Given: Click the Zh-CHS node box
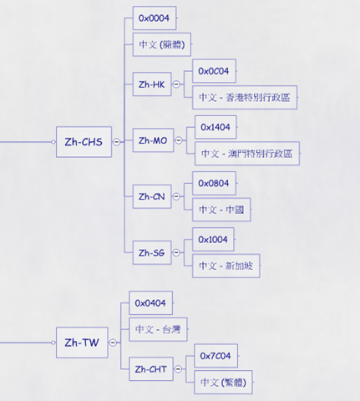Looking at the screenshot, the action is coord(84,142).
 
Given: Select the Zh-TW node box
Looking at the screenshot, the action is coord(82,343).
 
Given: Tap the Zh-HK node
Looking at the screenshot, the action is coord(152,84).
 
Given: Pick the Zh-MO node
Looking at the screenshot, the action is coord(153,140).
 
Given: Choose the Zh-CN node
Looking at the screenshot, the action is coord(152,196).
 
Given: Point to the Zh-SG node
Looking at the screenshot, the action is coord(152,252).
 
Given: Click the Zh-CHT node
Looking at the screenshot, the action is coord(151,369).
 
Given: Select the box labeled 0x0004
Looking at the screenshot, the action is coord(155,18).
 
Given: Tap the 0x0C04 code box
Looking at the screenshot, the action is coord(214,71).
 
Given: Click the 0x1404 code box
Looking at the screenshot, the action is coord(215,127).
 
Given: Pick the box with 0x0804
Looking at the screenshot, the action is coord(214,183).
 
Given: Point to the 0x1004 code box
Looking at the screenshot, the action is coord(213,240).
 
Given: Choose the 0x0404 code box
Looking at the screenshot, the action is coord(150,303).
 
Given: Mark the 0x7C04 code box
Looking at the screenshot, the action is coord(215,356).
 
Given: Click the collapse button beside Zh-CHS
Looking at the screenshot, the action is coord(117,142).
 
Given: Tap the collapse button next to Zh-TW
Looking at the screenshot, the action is coord(113,343).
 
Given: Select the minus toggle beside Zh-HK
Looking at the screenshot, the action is coord(176,84).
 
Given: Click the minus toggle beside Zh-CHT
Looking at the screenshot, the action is coord(178,369).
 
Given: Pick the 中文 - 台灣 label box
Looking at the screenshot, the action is coord(158,329).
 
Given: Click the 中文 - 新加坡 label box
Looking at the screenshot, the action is coord(226,266).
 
